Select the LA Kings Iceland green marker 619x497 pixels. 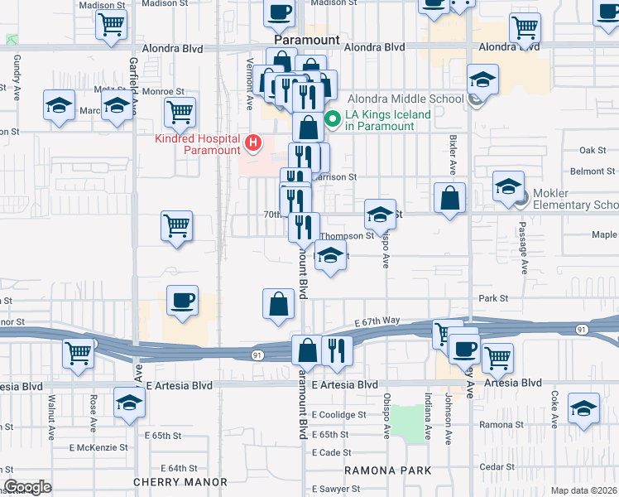click(333, 119)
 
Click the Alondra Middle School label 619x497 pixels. click(405, 99)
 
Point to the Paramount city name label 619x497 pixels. click(307, 40)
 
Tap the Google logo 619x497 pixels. click(28, 487)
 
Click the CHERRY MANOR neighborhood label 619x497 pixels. click(180, 481)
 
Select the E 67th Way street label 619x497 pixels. click(377, 321)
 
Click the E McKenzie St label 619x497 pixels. click(98, 447)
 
